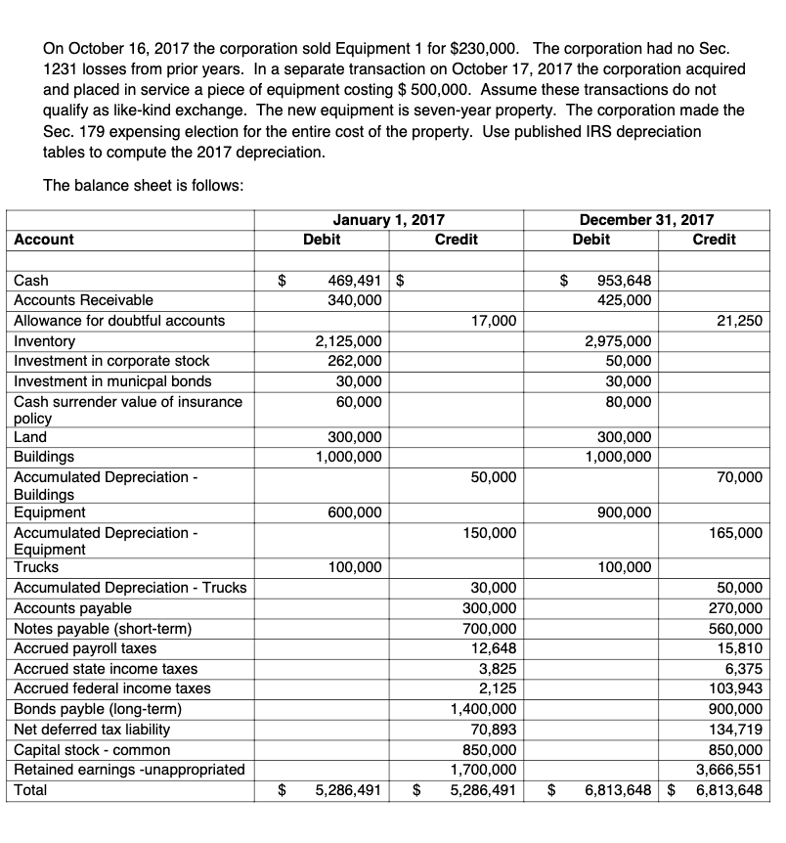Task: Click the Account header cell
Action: (x=43, y=240)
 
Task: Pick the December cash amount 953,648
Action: (x=623, y=281)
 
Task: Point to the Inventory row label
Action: (x=44, y=341)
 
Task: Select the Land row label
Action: (x=30, y=437)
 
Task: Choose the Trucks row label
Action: (x=36, y=567)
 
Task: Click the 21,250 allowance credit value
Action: (x=740, y=321)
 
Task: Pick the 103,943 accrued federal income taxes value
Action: (x=736, y=689)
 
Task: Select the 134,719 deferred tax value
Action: (x=736, y=730)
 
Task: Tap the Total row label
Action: (x=31, y=788)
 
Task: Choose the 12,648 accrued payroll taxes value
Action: (x=496, y=648)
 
